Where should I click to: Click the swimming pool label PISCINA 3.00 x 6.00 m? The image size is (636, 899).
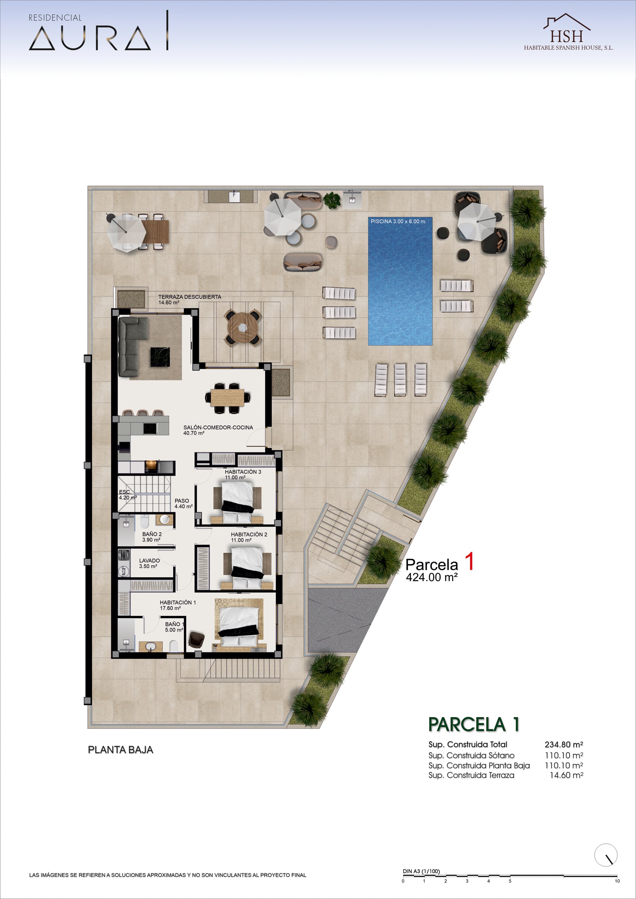click(x=398, y=221)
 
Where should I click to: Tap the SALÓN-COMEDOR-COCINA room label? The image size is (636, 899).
click(x=218, y=427)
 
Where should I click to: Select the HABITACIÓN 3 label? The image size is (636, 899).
click(x=243, y=472)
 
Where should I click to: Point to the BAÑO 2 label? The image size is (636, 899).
click(x=152, y=534)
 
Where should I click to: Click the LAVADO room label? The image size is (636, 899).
click(x=149, y=561)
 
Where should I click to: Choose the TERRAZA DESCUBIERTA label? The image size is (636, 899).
click(x=190, y=297)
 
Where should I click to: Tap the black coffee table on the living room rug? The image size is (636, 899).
click(x=160, y=357)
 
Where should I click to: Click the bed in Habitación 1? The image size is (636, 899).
click(x=239, y=625)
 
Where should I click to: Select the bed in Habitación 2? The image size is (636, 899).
click(x=247, y=567)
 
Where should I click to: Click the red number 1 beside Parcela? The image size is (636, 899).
click(x=469, y=561)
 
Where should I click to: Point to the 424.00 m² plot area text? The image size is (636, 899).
click(x=432, y=577)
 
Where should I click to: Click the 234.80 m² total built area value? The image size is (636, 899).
click(x=564, y=744)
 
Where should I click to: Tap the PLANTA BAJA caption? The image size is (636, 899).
click(x=121, y=750)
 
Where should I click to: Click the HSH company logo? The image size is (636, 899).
click(x=568, y=32)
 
